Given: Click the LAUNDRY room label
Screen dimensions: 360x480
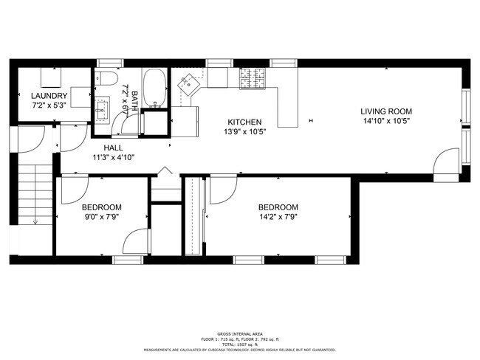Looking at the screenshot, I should pyautogui.click(x=49, y=96).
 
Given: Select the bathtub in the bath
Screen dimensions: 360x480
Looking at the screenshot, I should pyautogui.click(x=154, y=89).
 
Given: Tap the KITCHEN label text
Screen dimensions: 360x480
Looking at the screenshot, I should pyautogui.click(x=244, y=122).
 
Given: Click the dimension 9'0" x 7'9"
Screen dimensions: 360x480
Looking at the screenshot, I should pyautogui.click(x=101, y=218).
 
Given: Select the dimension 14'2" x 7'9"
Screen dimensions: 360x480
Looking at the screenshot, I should pyautogui.click(x=278, y=218).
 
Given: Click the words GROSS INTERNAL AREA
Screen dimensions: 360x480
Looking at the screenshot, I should pyautogui.click(x=240, y=334).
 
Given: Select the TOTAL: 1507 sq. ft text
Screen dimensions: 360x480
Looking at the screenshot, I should pyautogui.click(x=240, y=345).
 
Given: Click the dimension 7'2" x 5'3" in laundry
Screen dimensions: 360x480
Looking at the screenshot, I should pyautogui.click(x=49, y=105).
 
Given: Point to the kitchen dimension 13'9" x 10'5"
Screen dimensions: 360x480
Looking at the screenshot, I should pyautogui.click(x=244, y=132).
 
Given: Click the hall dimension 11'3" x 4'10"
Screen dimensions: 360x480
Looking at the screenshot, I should pyautogui.click(x=113, y=158).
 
